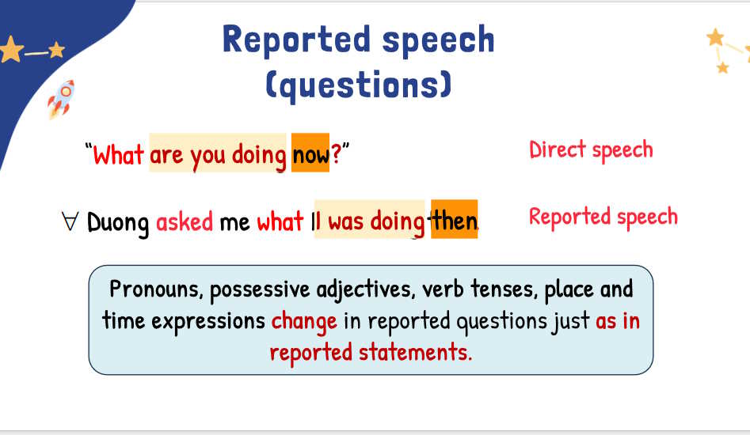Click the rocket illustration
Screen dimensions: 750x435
(x=61, y=99)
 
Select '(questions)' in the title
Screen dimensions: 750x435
(x=358, y=85)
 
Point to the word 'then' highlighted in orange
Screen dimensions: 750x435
(x=454, y=220)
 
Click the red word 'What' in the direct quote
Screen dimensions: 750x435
(x=118, y=155)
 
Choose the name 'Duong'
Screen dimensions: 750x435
(x=118, y=223)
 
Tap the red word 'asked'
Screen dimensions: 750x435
(x=185, y=221)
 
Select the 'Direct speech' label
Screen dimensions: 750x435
(x=591, y=150)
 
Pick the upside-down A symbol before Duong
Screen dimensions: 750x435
(x=70, y=221)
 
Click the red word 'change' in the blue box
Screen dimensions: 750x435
(x=304, y=322)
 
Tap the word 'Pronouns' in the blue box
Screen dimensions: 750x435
(x=156, y=289)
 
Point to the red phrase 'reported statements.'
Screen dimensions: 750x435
(x=371, y=353)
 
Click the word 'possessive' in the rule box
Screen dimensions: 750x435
(x=260, y=289)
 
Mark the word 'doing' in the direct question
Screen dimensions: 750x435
(x=259, y=156)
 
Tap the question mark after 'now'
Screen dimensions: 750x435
(x=336, y=153)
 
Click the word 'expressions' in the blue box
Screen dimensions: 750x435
(x=208, y=322)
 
